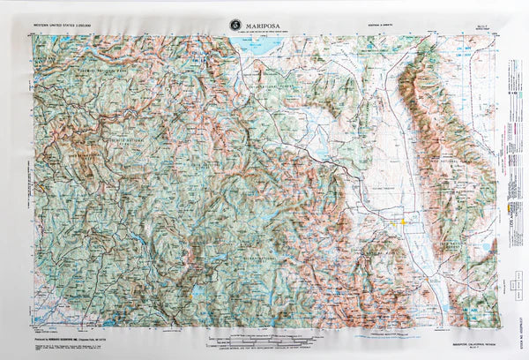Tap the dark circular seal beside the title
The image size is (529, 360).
coord(235,25)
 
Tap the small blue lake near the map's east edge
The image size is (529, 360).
coord(484,248)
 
